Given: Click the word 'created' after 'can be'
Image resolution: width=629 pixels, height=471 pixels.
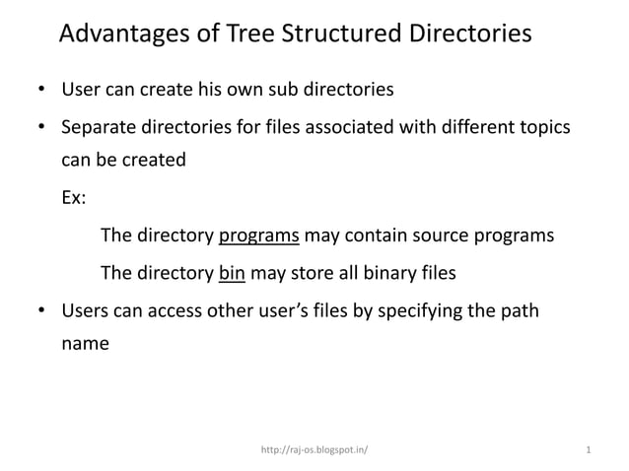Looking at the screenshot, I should pyautogui.click(x=152, y=160).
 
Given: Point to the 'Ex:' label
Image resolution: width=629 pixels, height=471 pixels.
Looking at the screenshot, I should pyautogui.click(x=74, y=197).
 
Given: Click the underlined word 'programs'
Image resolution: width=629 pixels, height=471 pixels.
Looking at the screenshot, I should pyautogui.click(x=258, y=236).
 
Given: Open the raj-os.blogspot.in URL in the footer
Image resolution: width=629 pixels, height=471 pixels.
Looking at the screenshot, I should pyautogui.click(x=314, y=450).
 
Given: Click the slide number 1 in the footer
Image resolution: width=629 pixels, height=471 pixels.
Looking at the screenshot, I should pyautogui.click(x=588, y=450).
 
